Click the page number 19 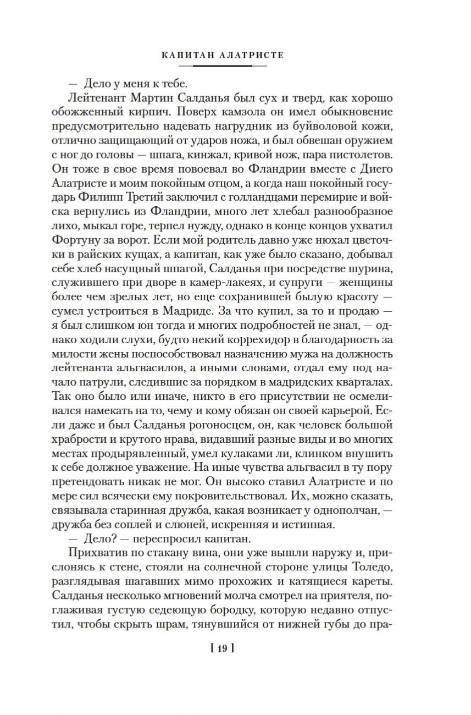point(222,648)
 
